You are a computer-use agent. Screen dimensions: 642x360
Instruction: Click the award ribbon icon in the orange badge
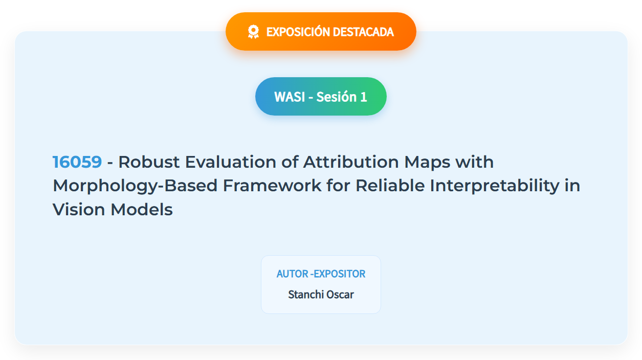(253, 32)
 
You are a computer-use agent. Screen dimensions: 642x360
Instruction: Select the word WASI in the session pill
(290, 97)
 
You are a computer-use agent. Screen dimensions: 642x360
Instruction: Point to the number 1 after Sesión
(364, 97)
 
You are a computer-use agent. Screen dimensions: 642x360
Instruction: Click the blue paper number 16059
(77, 162)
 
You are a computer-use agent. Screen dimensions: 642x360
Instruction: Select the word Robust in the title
(149, 162)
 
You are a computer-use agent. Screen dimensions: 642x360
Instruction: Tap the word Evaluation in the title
(230, 162)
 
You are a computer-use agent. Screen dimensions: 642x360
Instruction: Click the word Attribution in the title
(351, 162)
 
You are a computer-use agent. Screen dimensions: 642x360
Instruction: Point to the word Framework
(272, 185)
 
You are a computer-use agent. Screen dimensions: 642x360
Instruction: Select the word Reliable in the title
(390, 185)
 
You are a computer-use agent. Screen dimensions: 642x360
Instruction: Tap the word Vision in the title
(79, 209)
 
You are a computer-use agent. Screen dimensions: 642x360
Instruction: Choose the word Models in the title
(142, 209)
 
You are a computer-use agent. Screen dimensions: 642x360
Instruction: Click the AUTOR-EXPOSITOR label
(321, 274)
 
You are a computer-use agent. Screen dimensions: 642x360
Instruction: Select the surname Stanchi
(305, 295)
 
